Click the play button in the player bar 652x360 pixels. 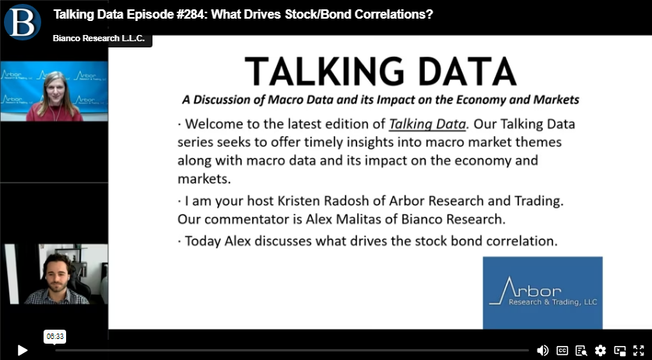point(23,351)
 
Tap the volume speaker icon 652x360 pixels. point(542,351)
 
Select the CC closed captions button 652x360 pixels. point(563,351)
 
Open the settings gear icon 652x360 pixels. point(600,351)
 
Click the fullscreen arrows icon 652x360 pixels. point(638,351)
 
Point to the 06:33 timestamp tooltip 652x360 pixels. point(55,337)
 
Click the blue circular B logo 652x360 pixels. point(23,22)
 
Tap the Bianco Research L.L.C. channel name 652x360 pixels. point(99,38)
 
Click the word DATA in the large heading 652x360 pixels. point(467,72)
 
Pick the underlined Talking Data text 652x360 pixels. point(427,124)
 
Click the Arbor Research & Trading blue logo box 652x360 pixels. point(542,292)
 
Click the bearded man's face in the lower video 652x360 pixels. point(56,274)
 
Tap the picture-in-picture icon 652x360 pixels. point(619,351)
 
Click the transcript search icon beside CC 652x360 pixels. point(581,351)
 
